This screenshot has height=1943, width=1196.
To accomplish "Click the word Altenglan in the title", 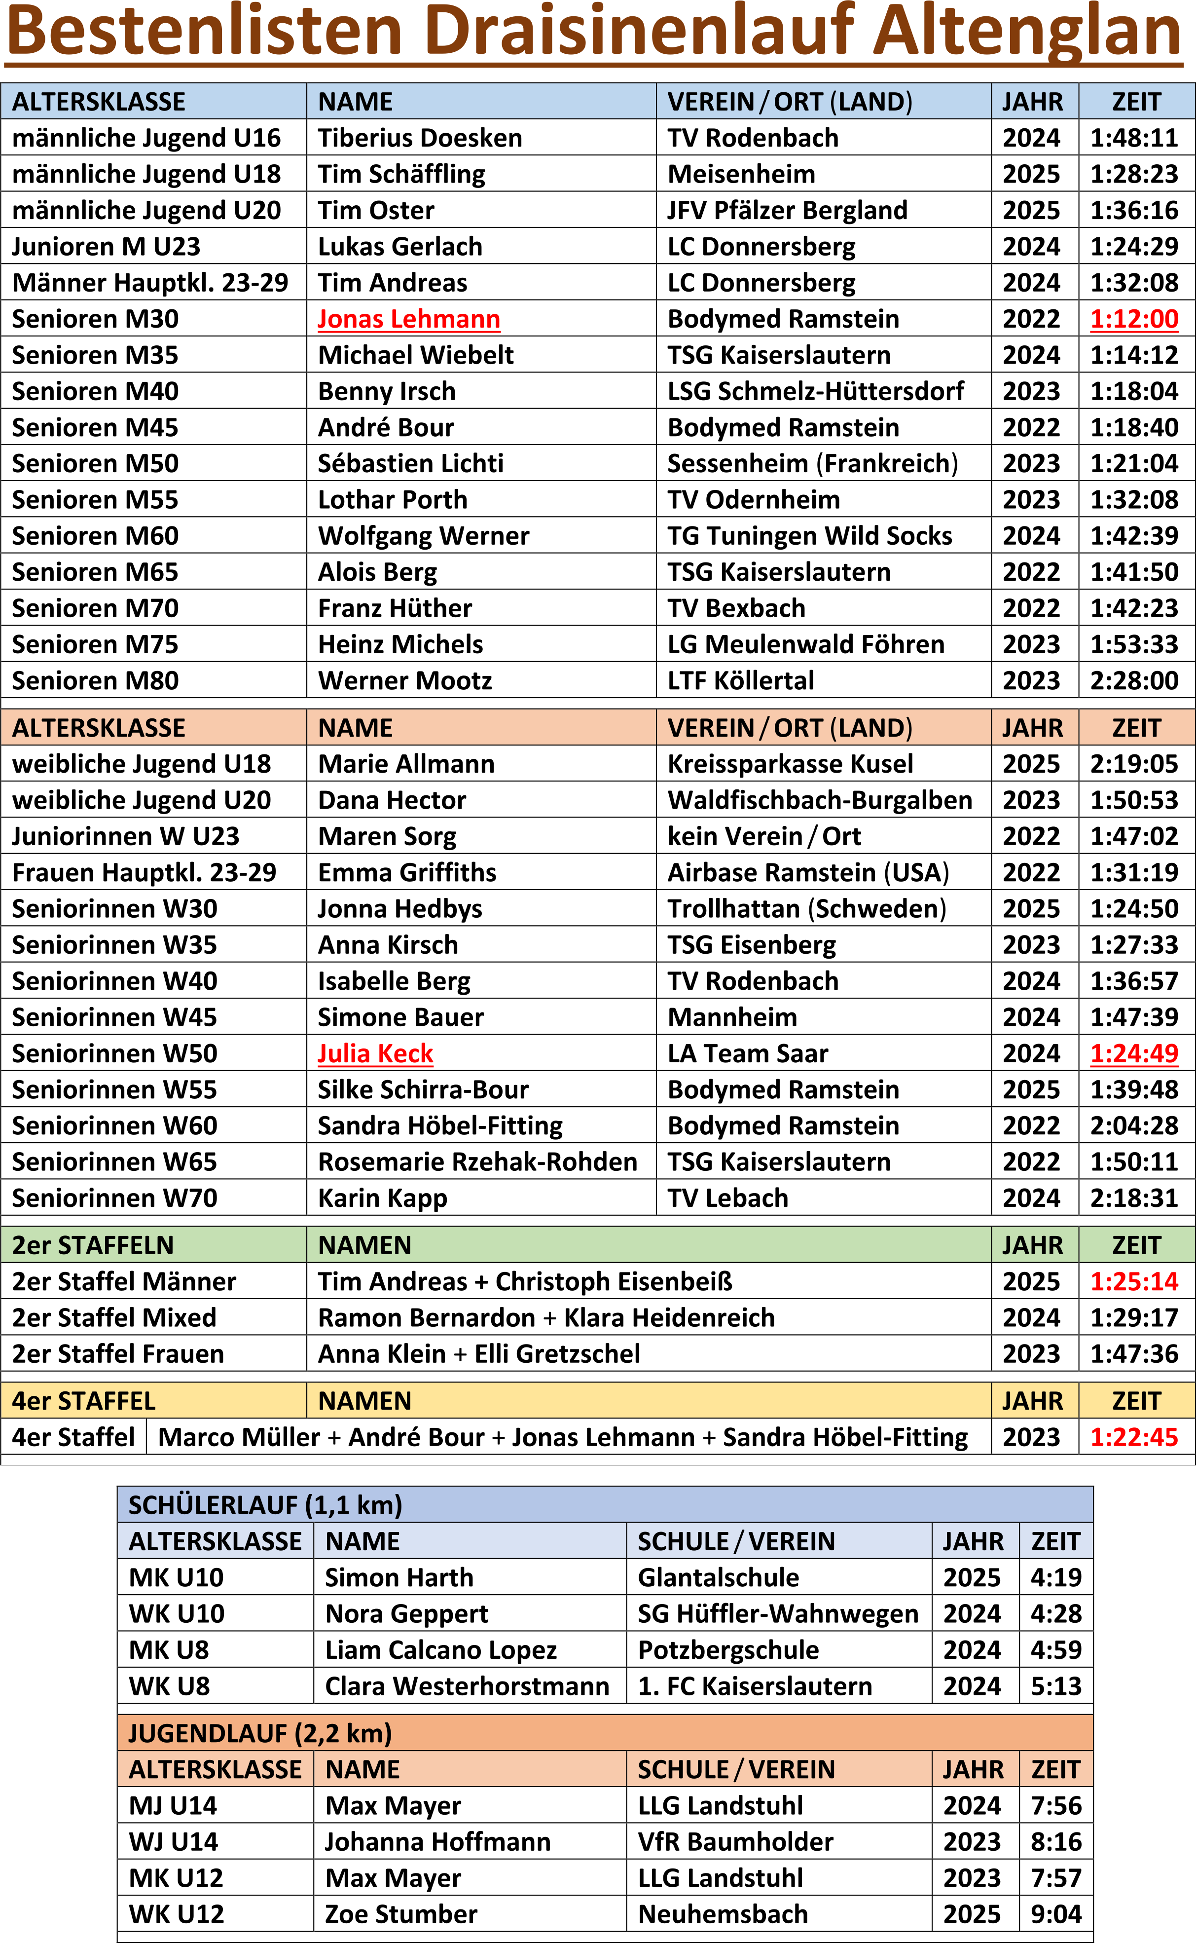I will coord(1028,32).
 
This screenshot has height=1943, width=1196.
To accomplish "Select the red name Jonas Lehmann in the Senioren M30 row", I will coord(408,319).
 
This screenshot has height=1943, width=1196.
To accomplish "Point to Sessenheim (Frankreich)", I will coord(812,464).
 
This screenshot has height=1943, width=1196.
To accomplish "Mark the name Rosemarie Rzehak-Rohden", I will coord(477,1162).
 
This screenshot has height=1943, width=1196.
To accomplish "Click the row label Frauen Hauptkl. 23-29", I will coord(144,873).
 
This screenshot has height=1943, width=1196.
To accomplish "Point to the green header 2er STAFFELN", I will coord(93,1245).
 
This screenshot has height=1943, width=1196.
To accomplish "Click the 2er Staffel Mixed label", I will coord(114,1318).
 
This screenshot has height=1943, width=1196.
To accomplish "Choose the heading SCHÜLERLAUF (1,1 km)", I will coord(265,1505).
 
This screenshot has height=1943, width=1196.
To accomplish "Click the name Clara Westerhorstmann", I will coord(467,1686).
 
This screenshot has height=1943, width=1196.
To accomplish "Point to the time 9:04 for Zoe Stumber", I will coord(1055,1914).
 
